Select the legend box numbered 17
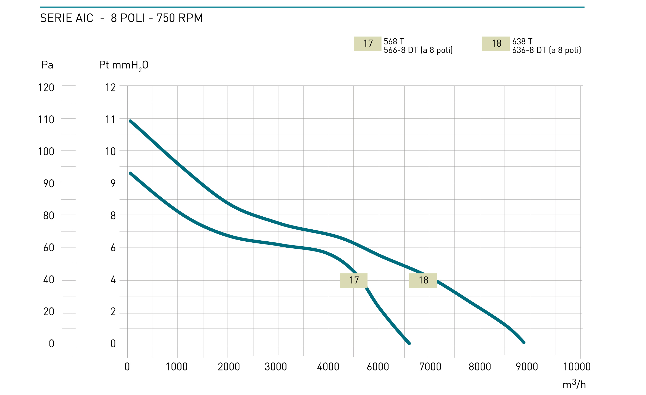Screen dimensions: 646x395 (x=367, y=44)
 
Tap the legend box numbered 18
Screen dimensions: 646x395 (x=496, y=44)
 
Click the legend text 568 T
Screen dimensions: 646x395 (x=394, y=41)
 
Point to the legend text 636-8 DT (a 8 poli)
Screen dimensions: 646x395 (x=546, y=50)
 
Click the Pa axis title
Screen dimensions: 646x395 (x=47, y=65)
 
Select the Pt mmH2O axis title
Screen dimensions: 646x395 (x=123, y=65)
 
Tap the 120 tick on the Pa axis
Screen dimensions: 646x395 (x=46, y=87)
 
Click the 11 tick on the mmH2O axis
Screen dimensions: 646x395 (x=110, y=120)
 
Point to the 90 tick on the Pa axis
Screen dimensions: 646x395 (x=49, y=184)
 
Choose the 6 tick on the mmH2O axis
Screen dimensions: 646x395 (x=113, y=247)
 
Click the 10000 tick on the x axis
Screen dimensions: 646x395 (x=576, y=367)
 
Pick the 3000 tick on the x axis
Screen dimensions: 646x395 (x=276, y=367)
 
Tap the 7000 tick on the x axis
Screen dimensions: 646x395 (x=430, y=367)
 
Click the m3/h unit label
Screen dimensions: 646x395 (x=574, y=384)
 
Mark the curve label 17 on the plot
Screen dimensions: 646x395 (x=353, y=280)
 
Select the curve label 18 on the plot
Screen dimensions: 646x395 (x=423, y=280)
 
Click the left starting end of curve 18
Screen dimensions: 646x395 (x=130, y=121)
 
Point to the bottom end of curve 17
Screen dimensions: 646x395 (x=409, y=343)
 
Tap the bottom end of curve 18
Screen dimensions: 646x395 (x=524, y=342)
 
